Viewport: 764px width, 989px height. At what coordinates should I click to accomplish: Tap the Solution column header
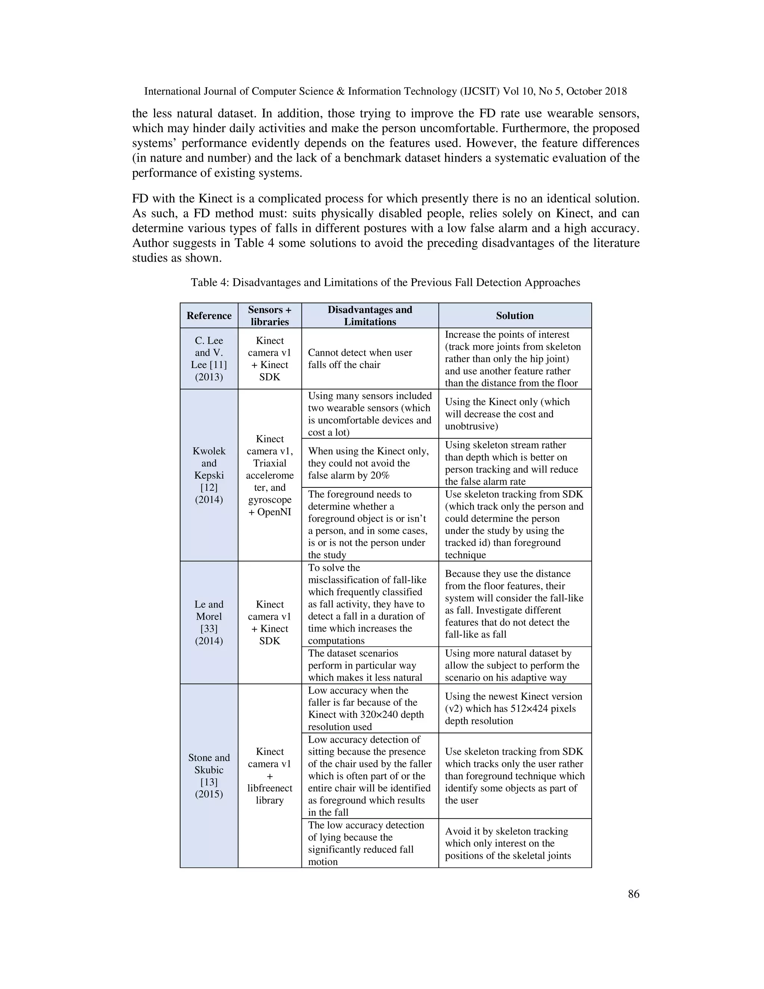[514, 316]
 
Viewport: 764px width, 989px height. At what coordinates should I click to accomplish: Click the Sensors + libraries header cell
[269, 316]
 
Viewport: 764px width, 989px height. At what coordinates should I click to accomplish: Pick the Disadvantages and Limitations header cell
[370, 316]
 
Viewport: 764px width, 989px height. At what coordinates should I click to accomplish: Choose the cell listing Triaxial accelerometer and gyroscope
[269, 475]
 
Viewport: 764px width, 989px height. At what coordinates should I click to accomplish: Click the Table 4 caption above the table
[385, 283]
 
